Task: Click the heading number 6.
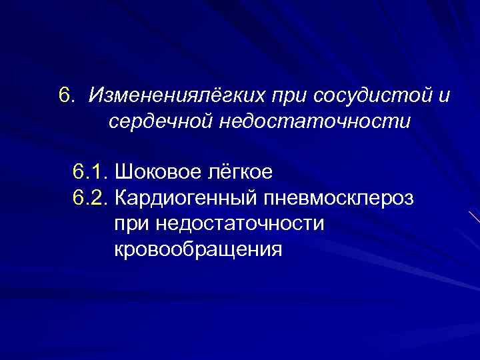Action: [x=66, y=96]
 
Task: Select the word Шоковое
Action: [x=151, y=173]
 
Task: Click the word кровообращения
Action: [x=198, y=250]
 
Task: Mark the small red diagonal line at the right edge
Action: [x=474, y=217]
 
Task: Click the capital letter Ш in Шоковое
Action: [x=122, y=173]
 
